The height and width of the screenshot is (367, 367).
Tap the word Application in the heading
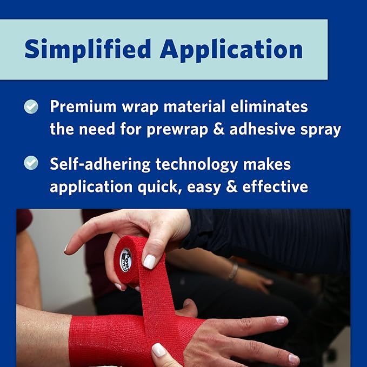tap(231, 50)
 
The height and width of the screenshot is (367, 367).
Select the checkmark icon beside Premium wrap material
tap(31, 107)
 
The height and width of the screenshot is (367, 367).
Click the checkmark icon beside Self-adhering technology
tap(31, 162)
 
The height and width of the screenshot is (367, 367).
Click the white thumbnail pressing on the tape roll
tap(149, 262)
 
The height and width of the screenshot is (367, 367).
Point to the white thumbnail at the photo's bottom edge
tap(158, 350)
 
